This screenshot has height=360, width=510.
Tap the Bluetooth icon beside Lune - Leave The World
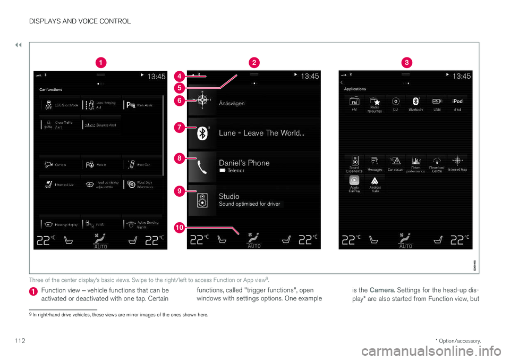tap(202, 133)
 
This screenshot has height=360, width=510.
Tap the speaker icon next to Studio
tap(202, 200)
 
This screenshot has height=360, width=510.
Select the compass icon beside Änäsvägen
tap(202, 102)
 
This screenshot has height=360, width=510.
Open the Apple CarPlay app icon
tap(354, 180)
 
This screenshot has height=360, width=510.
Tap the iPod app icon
tap(457, 101)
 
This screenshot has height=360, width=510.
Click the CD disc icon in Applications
tap(395, 101)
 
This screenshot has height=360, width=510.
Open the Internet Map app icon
tap(457, 160)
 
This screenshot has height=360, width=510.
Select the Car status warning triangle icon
tap(395, 160)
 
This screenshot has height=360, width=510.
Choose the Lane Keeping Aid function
tap(101, 104)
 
